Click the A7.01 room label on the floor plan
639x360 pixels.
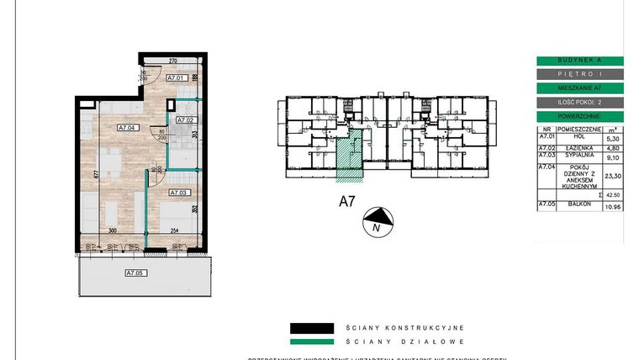point(175,78)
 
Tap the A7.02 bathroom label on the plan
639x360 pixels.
point(184,120)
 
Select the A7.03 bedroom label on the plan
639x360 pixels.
point(180,193)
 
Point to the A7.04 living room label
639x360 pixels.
point(126,128)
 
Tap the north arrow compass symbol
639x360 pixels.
point(375,222)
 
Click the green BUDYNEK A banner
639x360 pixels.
point(579,61)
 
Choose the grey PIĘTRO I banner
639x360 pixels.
point(579,74)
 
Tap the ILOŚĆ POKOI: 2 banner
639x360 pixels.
point(579,102)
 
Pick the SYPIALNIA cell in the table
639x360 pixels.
point(579,156)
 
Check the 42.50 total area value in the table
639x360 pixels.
point(613,194)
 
